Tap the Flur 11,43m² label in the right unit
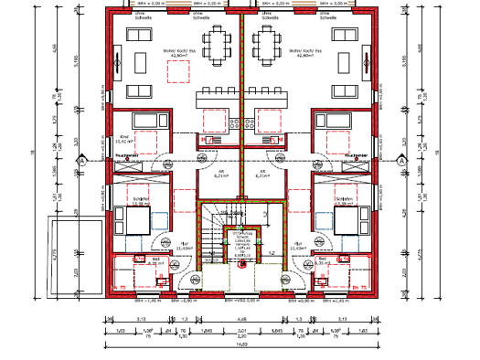click(x=298, y=245)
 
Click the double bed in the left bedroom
click(x=137, y=220)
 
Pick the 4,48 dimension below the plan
click(x=240, y=318)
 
